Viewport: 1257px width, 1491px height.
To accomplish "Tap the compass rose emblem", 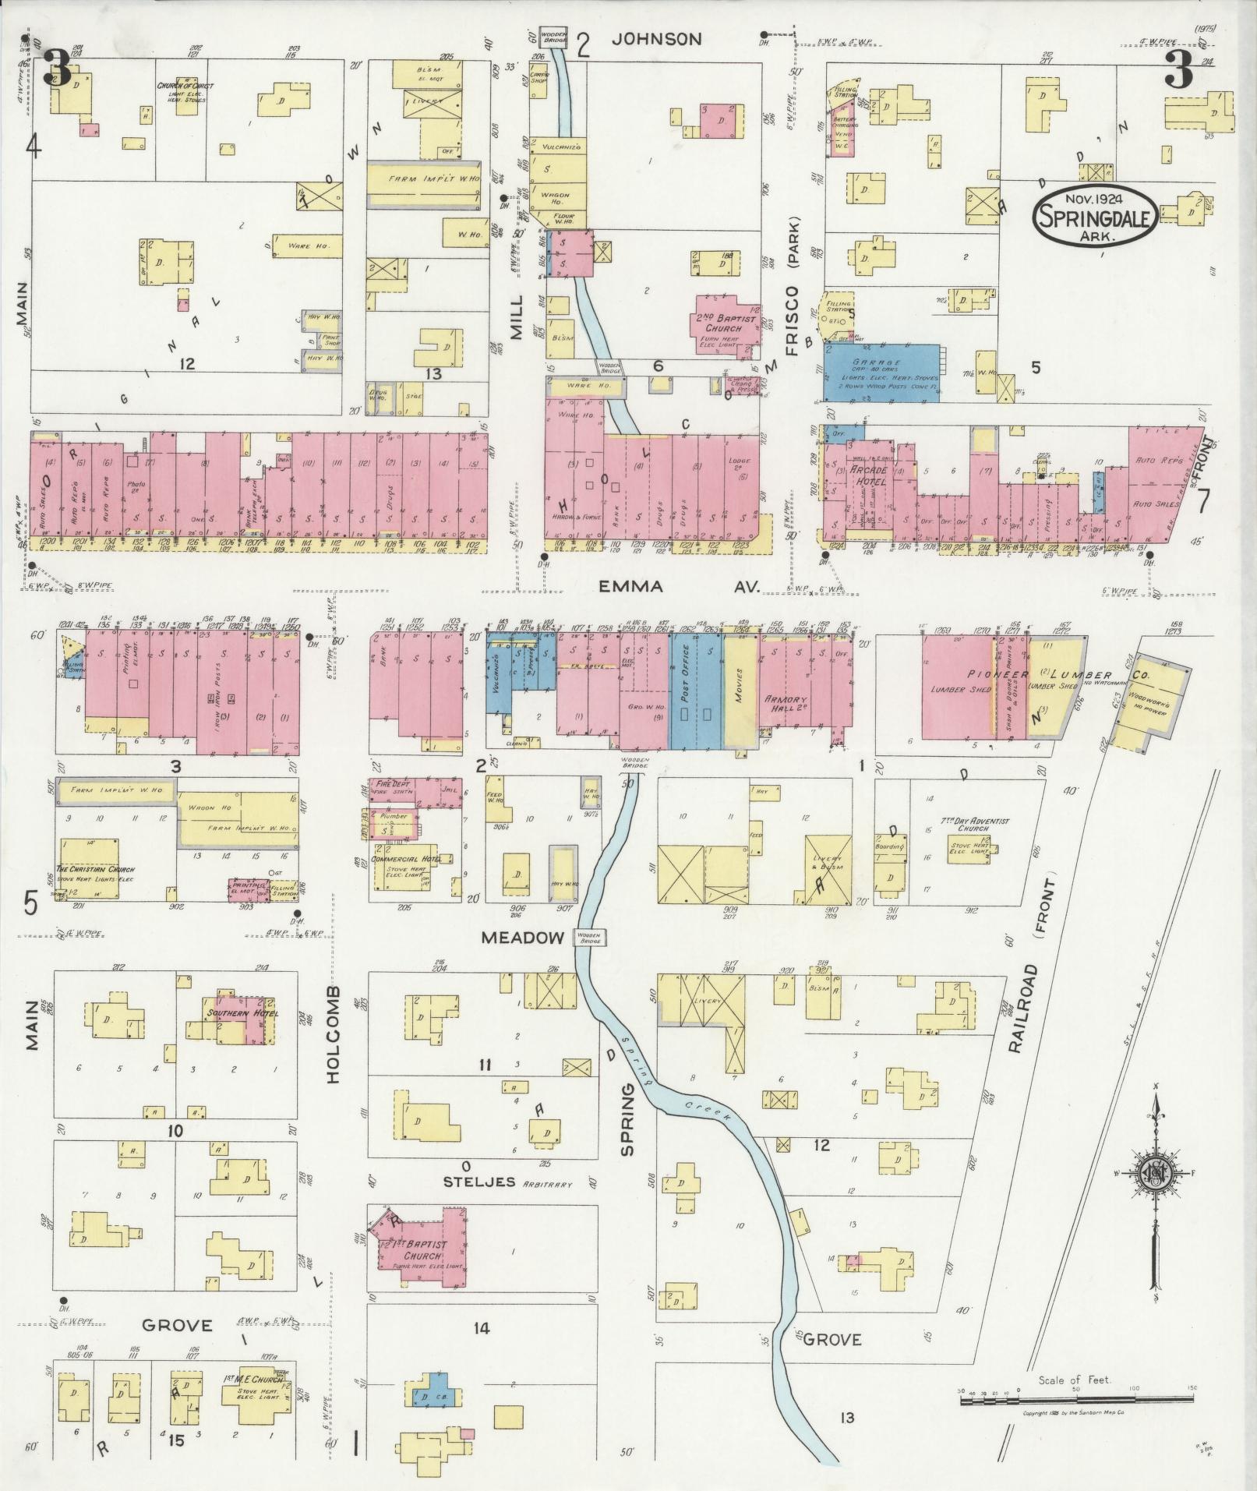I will click(x=1154, y=1176).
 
